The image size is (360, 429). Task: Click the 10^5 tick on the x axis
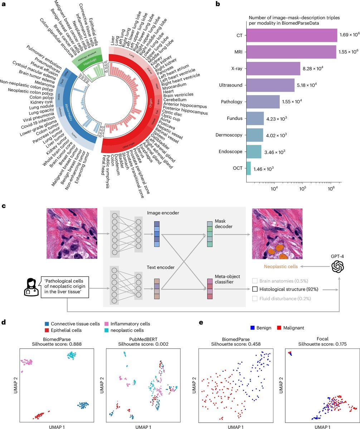click(x=302, y=187)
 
